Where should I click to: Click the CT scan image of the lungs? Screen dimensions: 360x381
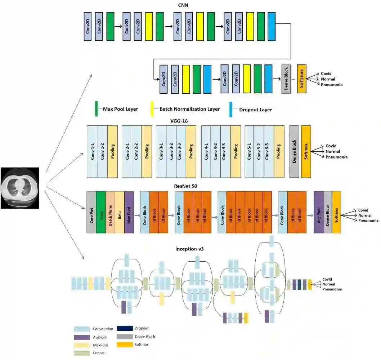[x=19, y=188]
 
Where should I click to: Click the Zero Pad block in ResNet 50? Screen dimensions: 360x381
[x=91, y=212]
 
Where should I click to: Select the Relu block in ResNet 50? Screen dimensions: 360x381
[x=120, y=212]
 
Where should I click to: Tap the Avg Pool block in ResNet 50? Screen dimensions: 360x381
[x=318, y=212]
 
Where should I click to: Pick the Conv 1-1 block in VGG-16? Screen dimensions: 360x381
[x=92, y=151]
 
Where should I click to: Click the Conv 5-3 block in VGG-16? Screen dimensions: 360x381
[x=269, y=151]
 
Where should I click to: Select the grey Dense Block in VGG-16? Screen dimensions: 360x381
[x=294, y=151]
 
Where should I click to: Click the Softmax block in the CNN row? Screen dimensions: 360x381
[x=302, y=79]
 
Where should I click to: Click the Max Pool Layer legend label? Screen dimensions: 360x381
[x=120, y=108]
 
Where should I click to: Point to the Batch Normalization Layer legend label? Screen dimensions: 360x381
[x=187, y=109]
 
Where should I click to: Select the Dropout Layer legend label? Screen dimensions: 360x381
[x=255, y=110]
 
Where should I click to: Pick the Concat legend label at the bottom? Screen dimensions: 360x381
[x=99, y=353]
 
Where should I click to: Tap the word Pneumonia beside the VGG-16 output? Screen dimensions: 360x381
[x=336, y=157]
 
